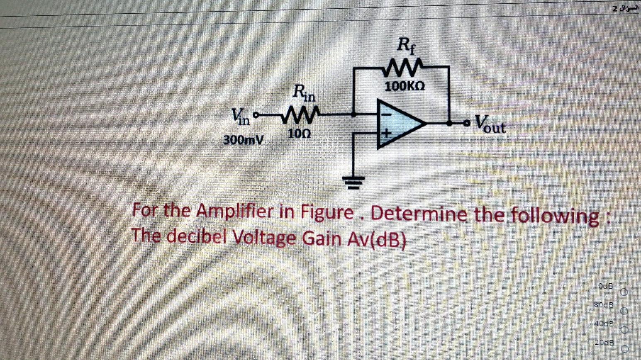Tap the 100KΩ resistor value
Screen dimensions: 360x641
pyautogui.click(x=405, y=87)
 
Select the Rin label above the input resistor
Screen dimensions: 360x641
pyautogui.click(x=304, y=94)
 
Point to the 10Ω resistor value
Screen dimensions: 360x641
pyautogui.click(x=298, y=134)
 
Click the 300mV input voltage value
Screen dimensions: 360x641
pyautogui.click(x=244, y=140)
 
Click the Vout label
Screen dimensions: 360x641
pyautogui.click(x=490, y=124)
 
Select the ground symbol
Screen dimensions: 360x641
pyautogui.click(x=353, y=182)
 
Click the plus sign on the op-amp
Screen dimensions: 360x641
pyautogui.click(x=386, y=134)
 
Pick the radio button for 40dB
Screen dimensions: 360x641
pyautogui.click(x=624, y=330)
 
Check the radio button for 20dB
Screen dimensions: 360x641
pyautogui.click(x=625, y=348)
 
